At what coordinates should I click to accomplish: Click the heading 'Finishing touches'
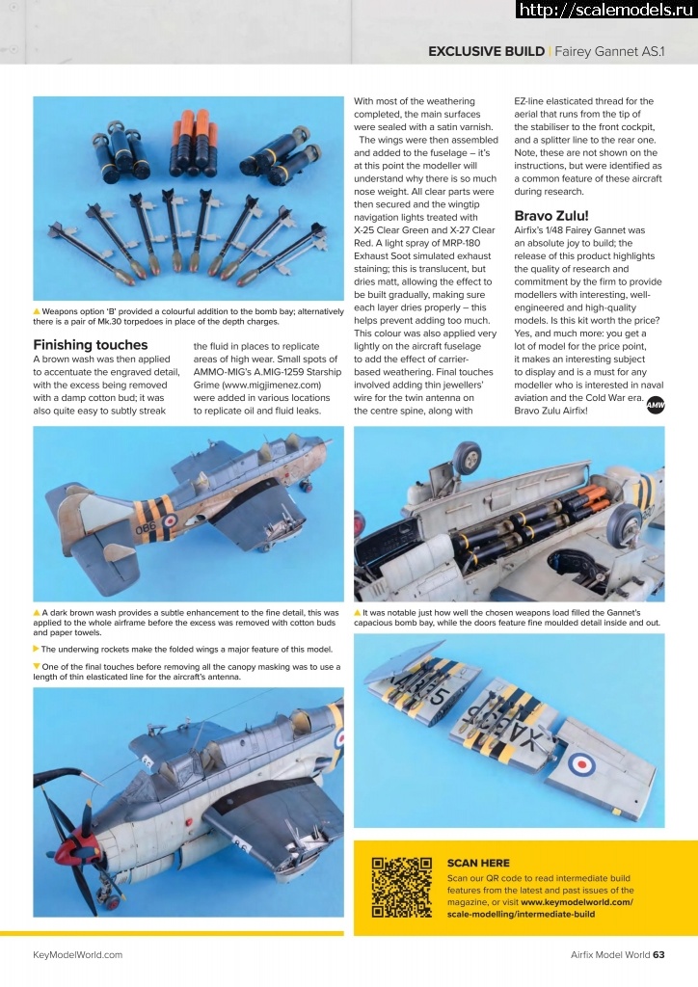(x=91, y=345)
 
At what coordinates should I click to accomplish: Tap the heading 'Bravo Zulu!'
(x=550, y=215)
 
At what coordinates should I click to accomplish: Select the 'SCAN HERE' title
(x=479, y=863)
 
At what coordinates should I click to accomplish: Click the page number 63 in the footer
(x=658, y=955)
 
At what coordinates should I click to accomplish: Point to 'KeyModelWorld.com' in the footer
(x=78, y=955)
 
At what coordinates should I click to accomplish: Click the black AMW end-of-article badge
(x=656, y=407)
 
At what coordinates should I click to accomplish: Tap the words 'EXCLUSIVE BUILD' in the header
(x=486, y=51)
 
